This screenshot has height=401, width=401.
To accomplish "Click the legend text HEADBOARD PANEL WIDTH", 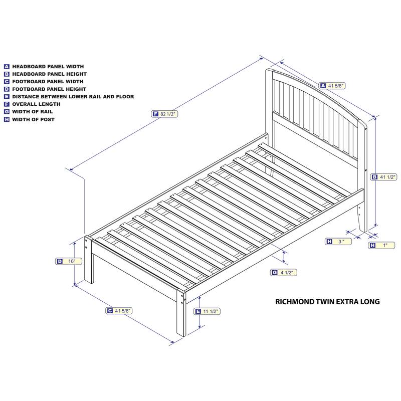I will tap(48, 66).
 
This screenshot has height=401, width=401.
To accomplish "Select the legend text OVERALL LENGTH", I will tap(36, 104).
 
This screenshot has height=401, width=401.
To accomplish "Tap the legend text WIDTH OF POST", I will tap(34, 120).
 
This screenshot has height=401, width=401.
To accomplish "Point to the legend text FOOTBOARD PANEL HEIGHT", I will tap(49, 89).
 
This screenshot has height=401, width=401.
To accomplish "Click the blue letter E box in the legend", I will tap(7, 97).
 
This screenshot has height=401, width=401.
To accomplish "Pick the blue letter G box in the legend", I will tap(7, 112).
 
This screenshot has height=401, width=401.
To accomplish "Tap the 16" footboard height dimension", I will tap(72, 261).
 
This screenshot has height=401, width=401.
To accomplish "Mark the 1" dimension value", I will tap(385, 245).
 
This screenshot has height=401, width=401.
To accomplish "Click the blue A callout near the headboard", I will tap(323, 86).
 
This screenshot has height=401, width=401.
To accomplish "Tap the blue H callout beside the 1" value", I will tap(372, 245).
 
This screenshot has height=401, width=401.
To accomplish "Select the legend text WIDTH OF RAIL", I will tap(33, 112).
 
